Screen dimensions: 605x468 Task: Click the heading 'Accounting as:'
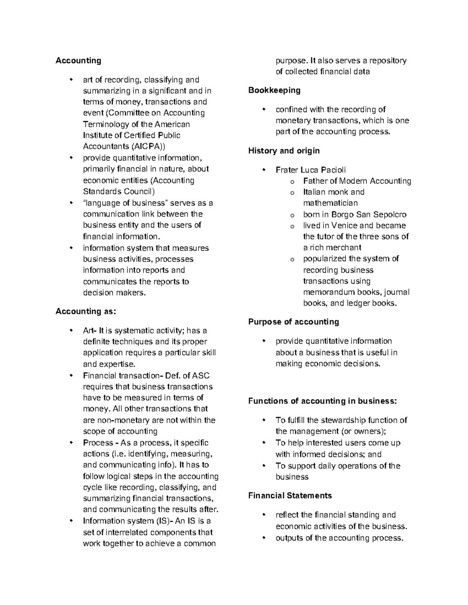coord(86,311)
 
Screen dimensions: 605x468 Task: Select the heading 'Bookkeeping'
coord(274,90)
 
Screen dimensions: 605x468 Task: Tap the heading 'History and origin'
coord(284,151)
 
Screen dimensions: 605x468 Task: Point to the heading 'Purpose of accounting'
coord(293,322)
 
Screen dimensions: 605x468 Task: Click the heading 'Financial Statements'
coord(290,496)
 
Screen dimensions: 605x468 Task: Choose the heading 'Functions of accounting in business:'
coord(322,401)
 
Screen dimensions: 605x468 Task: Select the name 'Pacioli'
coord(333,170)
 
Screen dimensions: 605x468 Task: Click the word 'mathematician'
coord(330,203)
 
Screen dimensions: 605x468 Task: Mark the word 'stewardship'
coord(343,420)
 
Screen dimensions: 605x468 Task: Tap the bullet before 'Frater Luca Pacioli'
coord(264,169)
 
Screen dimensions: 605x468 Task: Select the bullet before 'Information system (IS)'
coord(71,521)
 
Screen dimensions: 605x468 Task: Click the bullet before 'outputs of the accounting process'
coord(264,538)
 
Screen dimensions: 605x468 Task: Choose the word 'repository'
coord(388,60)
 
